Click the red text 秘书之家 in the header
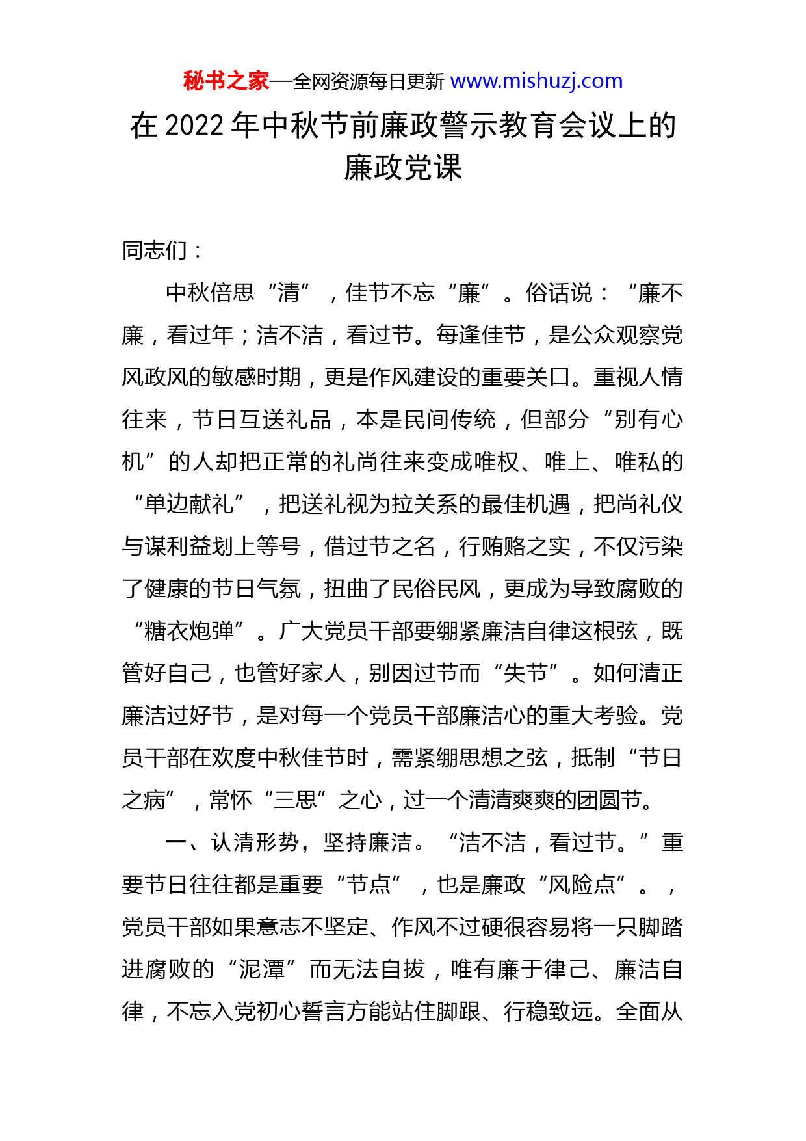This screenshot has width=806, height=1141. pyautogui.click(x=226, y=81)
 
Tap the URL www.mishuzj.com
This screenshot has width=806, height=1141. pyautogui.click(x=536, y=81)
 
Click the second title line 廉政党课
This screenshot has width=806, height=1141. pyautogui.click(x=402, y=168)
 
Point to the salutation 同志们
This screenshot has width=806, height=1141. pyautogui.click(x=155, y=250)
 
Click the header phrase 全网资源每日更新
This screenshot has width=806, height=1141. pyautogui.click(x=369, y=81)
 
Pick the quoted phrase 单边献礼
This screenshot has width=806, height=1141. pyautogui.click(x=189, y=504)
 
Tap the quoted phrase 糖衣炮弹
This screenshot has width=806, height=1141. pyautogui.click(x=189, y=631)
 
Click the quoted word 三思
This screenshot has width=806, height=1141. pyautogui.click(x=295, y=800)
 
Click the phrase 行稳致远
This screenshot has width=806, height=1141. pyautogui.click(x=548, y=1012)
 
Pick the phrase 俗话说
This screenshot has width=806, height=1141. pyautogui.click(x=560, y=293)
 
